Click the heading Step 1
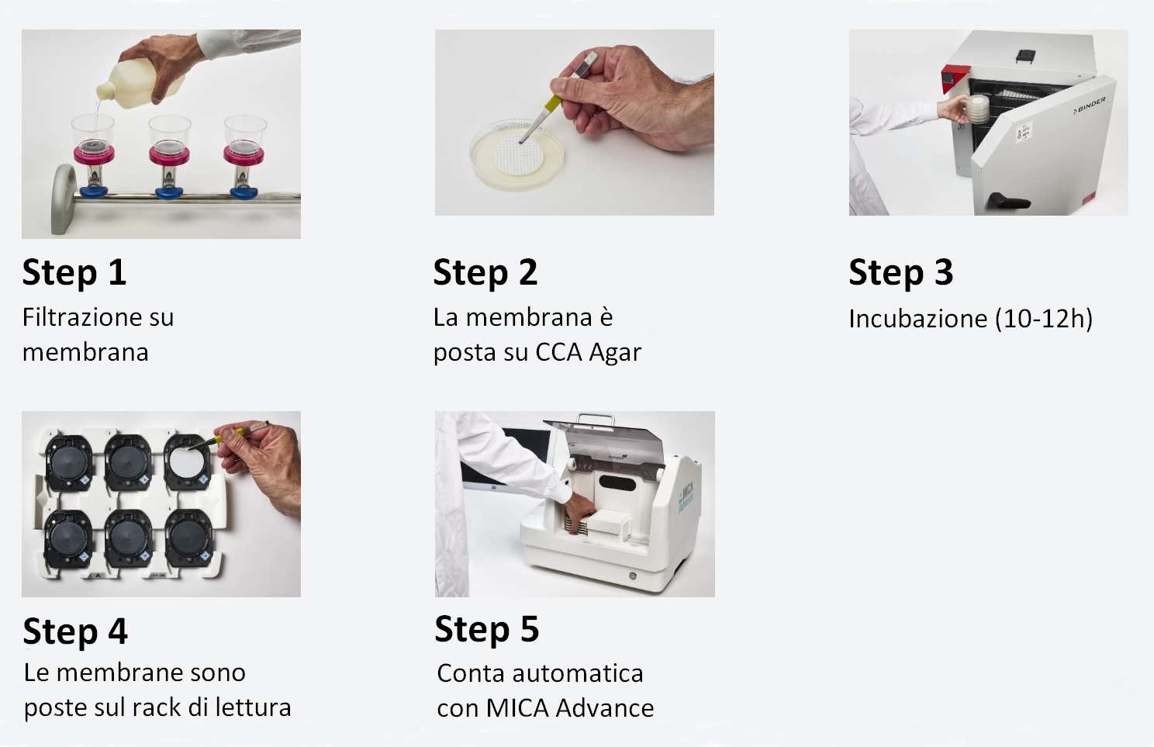pos(74,272)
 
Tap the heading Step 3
pos(900,272)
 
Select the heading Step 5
pos(486,629)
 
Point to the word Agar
pos(615,352)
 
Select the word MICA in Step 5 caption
pos(518,708)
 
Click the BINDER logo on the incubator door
pos(1090,105)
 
